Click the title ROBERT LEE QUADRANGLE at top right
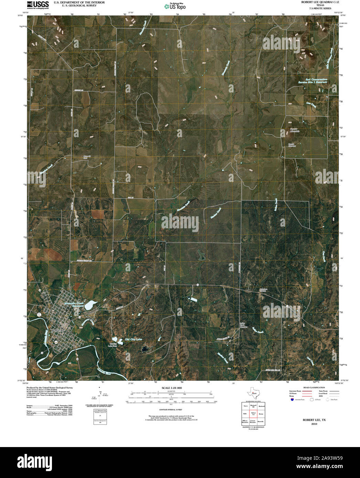click(x=320, y=2)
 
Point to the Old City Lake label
click(x=134, y=339)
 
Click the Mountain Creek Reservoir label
click(x=74, y=304)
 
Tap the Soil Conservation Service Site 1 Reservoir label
click(x=312, y=81)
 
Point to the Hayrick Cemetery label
click(x=292, y=145)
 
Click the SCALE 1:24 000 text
click(x=171, y=388)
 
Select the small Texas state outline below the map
click(x=253, y=393)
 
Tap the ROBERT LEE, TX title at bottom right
click(x=314, y=420)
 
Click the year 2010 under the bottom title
click(x=314, y=424)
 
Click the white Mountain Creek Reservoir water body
click(x=91, y=304)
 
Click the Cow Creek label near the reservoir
click(x=311, y=105)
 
